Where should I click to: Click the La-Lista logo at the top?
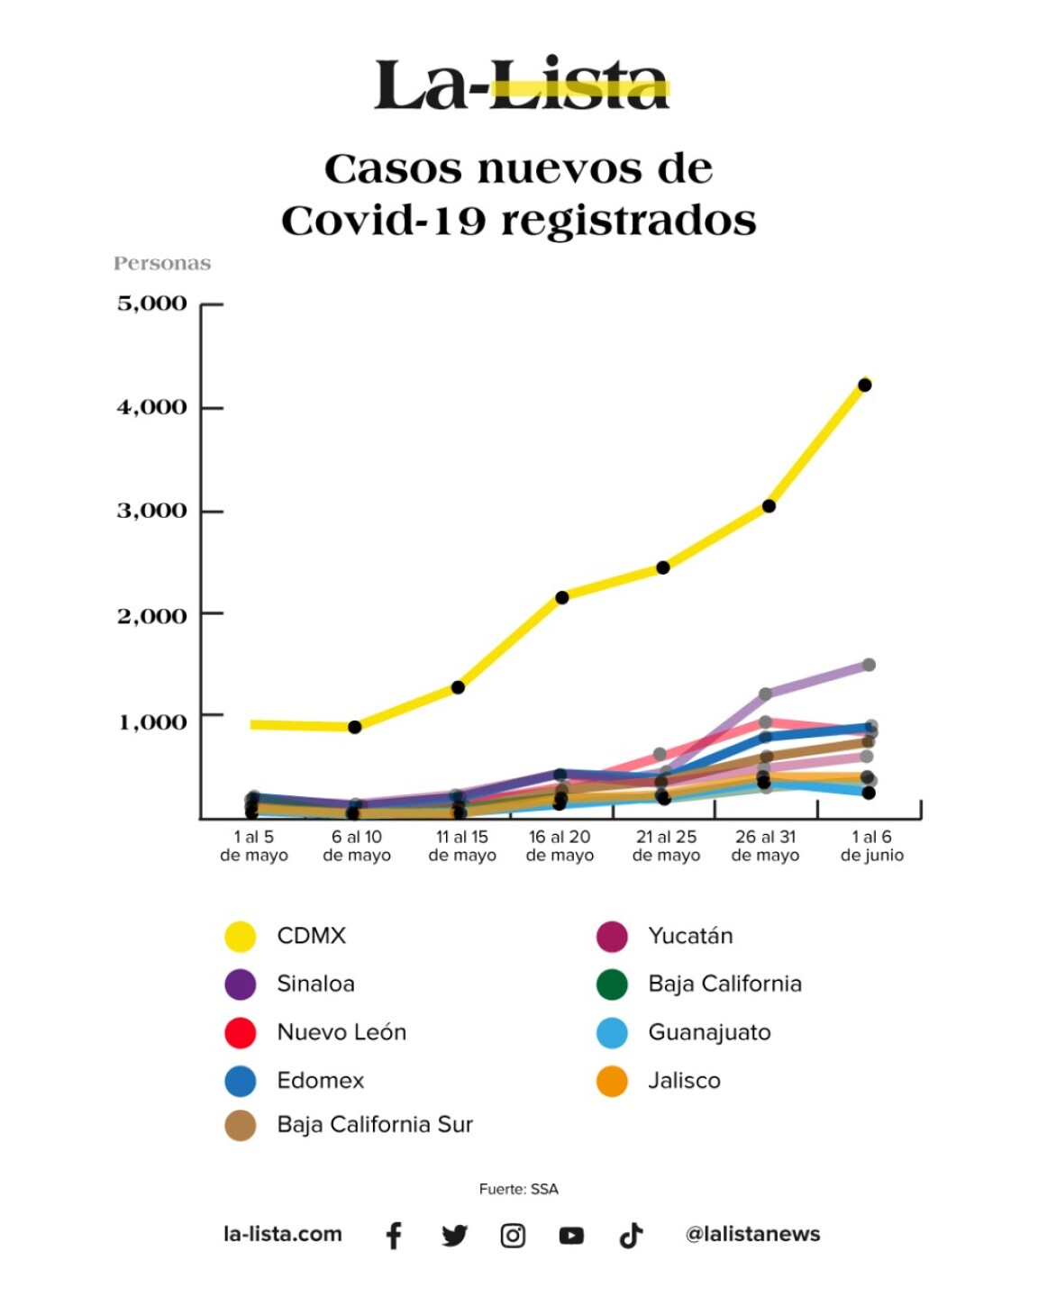coord(521,86)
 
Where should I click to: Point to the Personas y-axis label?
coord(162,263)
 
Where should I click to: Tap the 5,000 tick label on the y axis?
coord(152,304)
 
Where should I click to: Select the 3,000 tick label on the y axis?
coord(152,511)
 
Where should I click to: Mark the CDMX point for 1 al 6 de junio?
coord(864,385)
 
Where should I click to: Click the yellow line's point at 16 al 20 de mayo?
coord(562,597)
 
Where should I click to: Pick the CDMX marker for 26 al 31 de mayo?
coord(769,506)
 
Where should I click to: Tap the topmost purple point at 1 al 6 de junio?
coord(870,665)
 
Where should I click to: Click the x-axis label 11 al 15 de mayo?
coord(462,846)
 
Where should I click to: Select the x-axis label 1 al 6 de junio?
coord(871,846)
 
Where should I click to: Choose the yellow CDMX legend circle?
coord(241,937)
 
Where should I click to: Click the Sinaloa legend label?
coord(315,984)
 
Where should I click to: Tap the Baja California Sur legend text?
coord(375,1124)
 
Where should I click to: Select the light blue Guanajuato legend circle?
coord(612,1033)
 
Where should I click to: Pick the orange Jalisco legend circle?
coord(612,1081)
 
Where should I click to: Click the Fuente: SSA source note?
coord(519,1189)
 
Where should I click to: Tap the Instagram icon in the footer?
coord(513,1236)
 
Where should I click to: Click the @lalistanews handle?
coord(752,1234)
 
